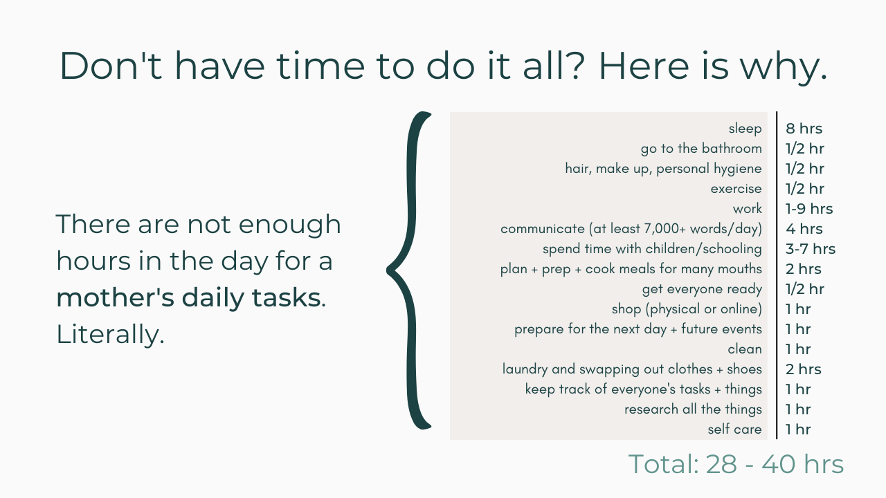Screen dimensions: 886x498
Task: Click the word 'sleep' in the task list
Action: pos(745,129)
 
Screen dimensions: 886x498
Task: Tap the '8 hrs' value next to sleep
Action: pos(804,129)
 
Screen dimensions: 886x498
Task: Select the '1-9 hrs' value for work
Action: pos(809,209)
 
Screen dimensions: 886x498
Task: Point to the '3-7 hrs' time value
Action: pos(810,249)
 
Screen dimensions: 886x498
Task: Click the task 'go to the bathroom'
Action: pos(701,149)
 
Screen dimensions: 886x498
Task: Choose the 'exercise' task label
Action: pos(736,189)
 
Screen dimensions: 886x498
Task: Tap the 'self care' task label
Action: pos(734,430)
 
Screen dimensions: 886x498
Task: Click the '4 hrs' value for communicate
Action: pos(804,229)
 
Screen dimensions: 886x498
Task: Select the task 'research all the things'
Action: pos(693,409)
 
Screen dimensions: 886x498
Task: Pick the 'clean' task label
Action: pos(744,349)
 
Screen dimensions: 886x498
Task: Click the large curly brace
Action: pos(410,270)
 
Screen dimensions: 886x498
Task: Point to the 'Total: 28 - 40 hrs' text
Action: pos(736,463)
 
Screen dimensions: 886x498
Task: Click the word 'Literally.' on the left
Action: pos(110,334)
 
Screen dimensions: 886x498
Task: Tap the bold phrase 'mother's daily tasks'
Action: pos(188,297)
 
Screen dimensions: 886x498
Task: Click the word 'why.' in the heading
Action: pos(784,66)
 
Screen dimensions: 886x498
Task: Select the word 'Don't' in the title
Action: pos(111,66)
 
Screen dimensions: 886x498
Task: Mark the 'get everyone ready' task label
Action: pos(702,289)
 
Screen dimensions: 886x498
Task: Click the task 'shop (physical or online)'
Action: pos(687,309)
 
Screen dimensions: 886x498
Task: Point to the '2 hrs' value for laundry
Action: pos(804,369)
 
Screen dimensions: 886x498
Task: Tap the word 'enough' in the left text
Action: pos(289,225)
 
